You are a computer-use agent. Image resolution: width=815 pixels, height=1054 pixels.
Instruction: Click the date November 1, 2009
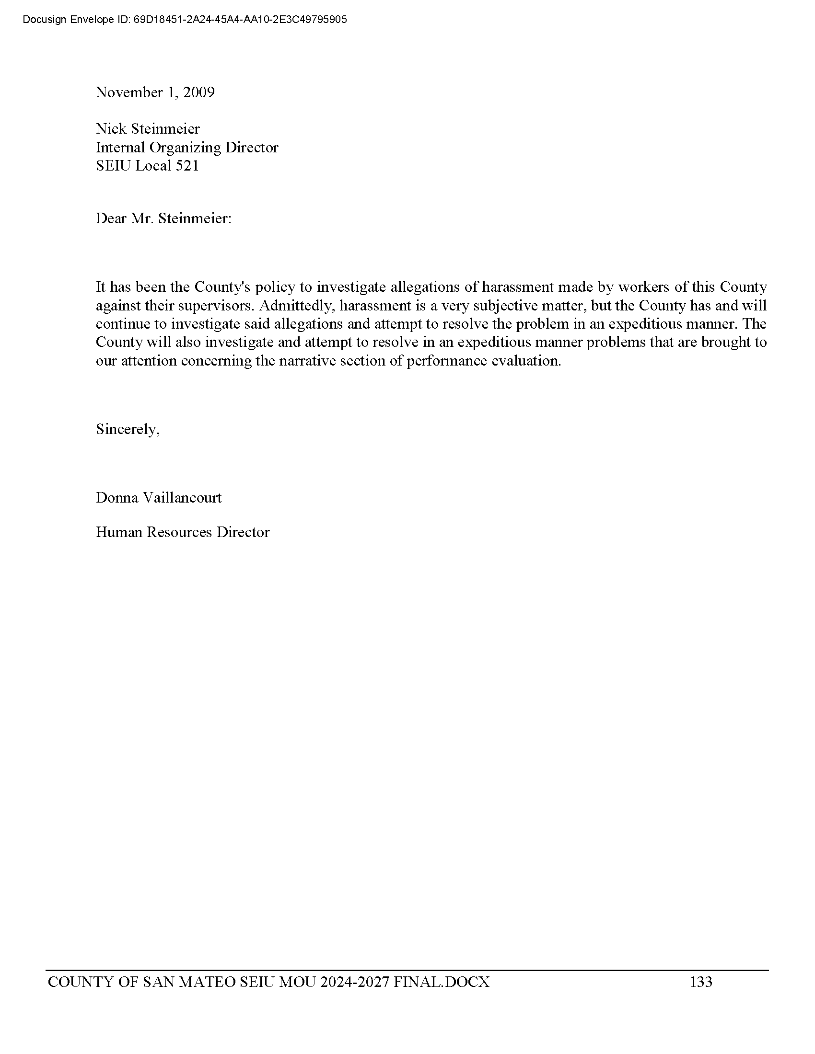pos(155,92)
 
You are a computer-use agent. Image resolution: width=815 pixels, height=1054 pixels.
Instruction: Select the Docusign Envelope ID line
pos(185,20)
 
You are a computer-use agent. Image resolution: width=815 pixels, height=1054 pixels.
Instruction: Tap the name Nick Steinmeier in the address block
pos(147,129)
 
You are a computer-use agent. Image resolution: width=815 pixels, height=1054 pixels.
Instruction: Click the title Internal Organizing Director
pos(187,147)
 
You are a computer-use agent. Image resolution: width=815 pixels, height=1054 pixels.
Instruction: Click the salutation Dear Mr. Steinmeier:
pos(163,218)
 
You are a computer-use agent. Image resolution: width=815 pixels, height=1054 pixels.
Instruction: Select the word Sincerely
pos(127,429)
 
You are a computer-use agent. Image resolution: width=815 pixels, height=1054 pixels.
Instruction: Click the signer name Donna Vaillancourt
pos(159,498)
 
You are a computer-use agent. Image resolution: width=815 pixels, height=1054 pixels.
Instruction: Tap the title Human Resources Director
pos(183,532)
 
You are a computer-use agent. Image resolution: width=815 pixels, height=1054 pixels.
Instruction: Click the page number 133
pos(701,982)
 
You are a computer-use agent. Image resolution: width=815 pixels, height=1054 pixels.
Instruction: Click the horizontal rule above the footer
pos(407,970)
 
